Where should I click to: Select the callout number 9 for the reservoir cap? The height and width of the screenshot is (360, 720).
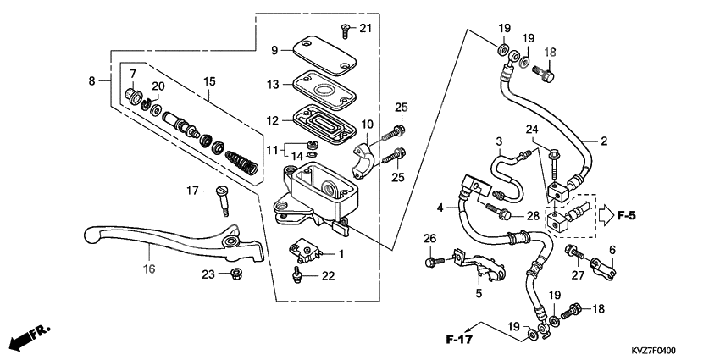click(x=274, y=51)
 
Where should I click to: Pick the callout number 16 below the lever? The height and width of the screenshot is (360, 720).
click(x=149, y=269)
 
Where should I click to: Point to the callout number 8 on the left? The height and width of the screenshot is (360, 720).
click(x=91, y=80)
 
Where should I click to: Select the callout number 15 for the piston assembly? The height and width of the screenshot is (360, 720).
click(x=209, y=81)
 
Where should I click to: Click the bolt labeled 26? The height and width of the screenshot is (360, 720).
click(x=430, y=263)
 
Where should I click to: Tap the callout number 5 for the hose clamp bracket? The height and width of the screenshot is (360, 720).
click(x=478, y=293)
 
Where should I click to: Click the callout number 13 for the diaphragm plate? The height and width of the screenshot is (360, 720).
click(x=273, y=85)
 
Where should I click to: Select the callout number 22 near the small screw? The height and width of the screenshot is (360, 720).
click(x=328, y=276)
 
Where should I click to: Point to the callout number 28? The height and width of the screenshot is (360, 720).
click(x=532, y=216)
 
